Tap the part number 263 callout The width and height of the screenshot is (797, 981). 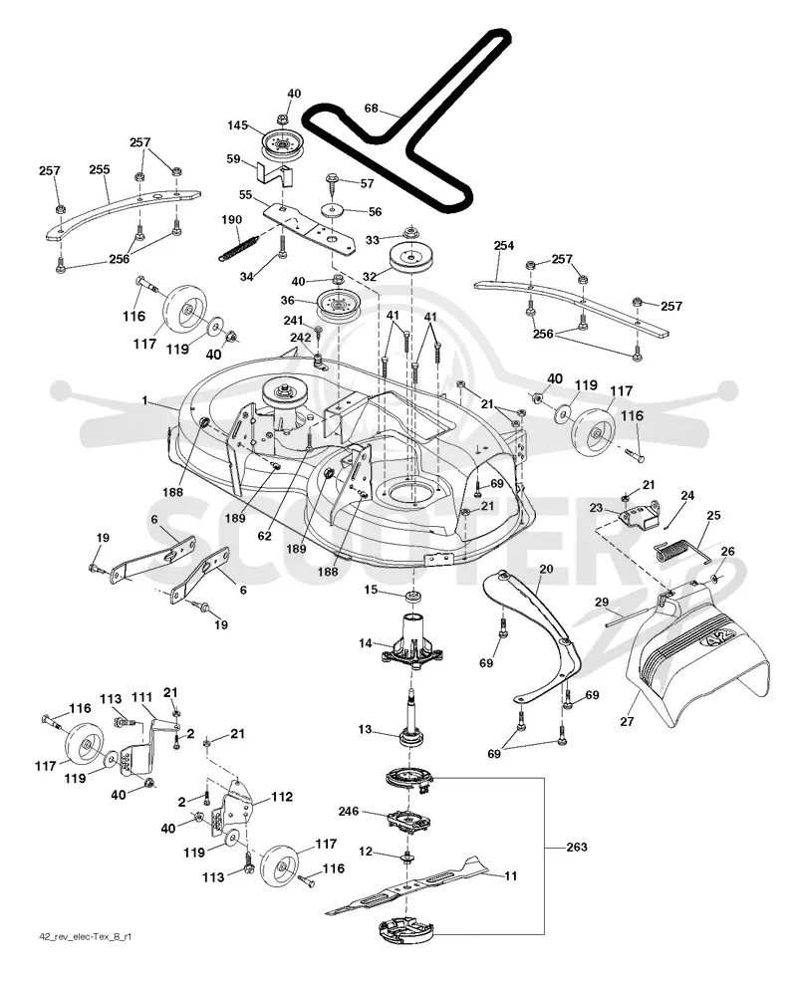pyautogui.click(x=576, y=847)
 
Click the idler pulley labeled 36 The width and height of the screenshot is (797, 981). pyautogui.click(x=337, y=303)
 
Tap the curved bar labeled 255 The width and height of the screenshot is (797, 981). pyautogui.click(x=123, y=209)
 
